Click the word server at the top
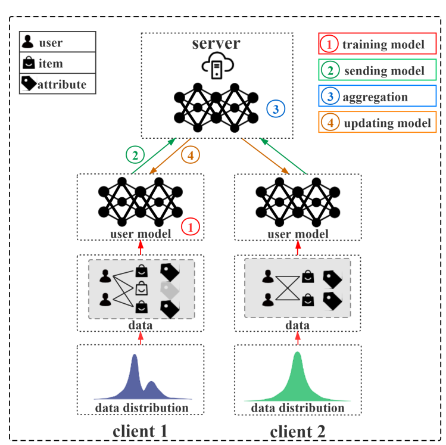216,43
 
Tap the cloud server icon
216,67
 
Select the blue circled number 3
275,109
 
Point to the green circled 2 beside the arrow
135,155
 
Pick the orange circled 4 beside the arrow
191,155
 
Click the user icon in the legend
28,43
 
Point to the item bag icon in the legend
28,63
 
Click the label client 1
140,430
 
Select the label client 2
298,430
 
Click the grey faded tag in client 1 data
170,290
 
